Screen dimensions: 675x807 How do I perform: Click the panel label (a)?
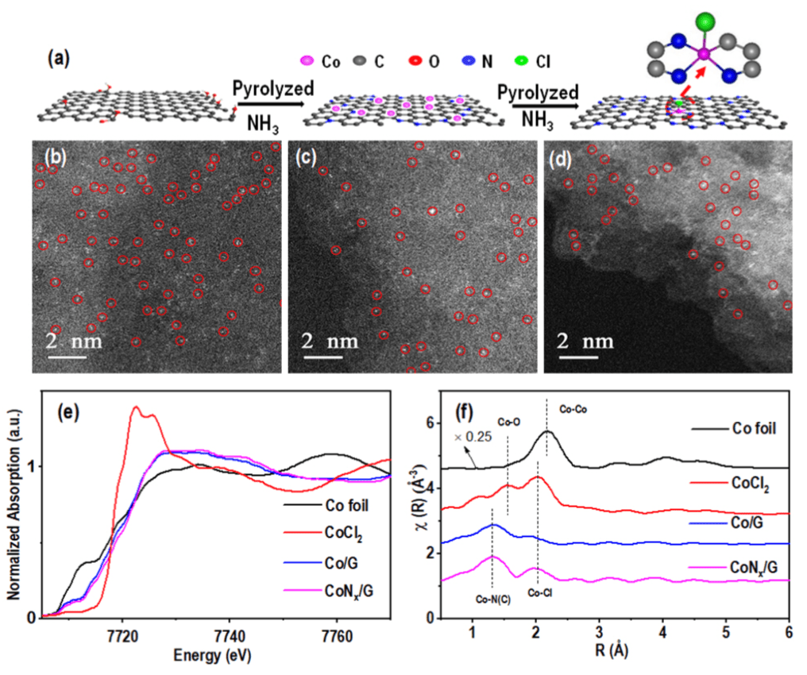[57, 58]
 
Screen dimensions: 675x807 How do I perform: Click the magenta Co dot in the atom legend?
[306, 60]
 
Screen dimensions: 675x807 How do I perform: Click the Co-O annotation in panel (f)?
[509, 422]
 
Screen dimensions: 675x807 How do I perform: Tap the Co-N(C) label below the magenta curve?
[493, 600]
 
